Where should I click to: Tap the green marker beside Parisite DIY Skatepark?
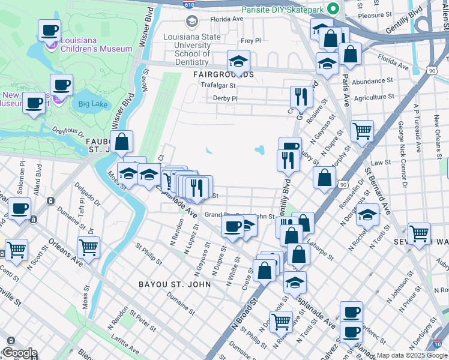click(334, 9)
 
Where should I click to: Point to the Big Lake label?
click(91, 103)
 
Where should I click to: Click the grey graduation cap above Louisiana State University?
click(191, 22)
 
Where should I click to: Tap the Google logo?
click(19, 353)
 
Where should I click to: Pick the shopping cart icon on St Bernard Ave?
click(362, 130)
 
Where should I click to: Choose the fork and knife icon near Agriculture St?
click(301, 95)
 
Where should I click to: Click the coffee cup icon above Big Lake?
click(61, 84)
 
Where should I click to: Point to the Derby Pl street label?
click(226, 98)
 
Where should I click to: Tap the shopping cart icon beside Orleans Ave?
click(88, 247)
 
